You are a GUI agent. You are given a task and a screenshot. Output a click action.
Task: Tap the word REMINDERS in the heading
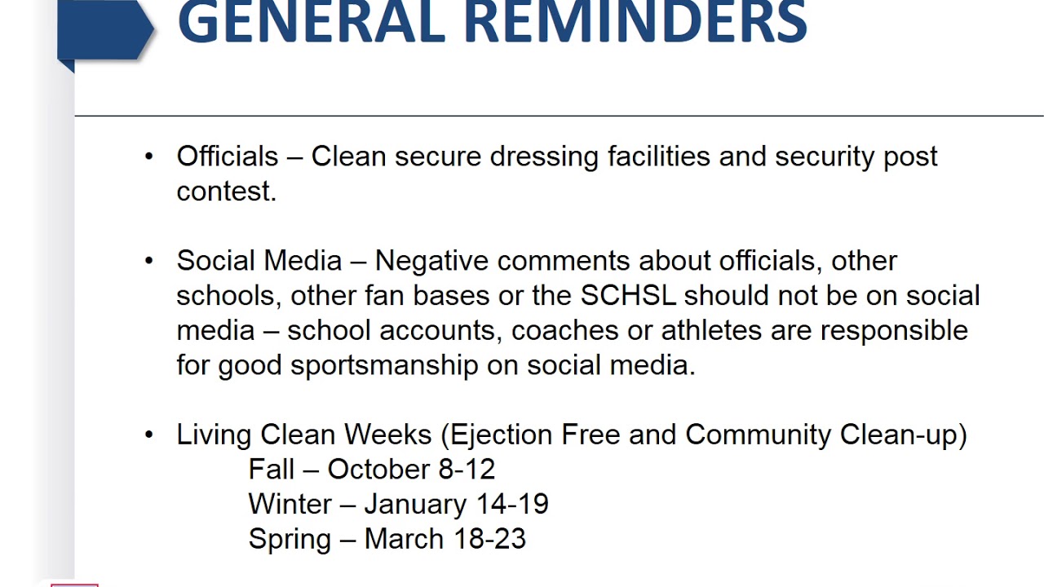pyautogui.click(x=635, y=22)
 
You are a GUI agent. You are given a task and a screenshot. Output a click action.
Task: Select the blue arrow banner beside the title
pyautogui.click(x=104, y=31)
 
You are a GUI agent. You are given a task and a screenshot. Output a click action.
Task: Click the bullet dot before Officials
pyautogui.click(x=148, y=156)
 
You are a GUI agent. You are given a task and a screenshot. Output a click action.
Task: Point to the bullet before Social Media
pyautogui.click(x=148, y=260)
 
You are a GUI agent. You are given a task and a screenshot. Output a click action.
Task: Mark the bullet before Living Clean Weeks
pyautogui.click(x=148, y=435)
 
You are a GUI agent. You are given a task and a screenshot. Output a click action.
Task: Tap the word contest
pyautogui.click(x=226, y=192)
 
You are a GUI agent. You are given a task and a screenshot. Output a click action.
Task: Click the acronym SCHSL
pyautogui.click(x=628, y=295)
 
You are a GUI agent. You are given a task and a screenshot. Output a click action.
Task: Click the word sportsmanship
pyautogui.click(x=383, y=366)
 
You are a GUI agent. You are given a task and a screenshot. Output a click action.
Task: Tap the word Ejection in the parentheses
pyautogui.click(x=499, y=435)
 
